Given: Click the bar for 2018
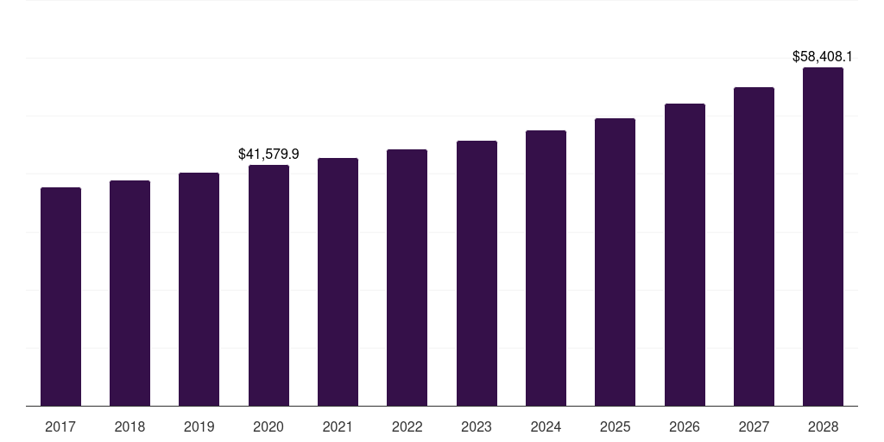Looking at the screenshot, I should pyautogui.click(x=129, y=293).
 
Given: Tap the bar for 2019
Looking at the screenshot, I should pyautogui.click(x=199, y=289).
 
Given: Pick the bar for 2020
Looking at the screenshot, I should pyautogui.click(x=268, y=285).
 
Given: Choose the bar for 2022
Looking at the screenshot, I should pyautogui.click(x=407, y=277).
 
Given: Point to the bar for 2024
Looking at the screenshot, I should pyautogui.click(x=546, y=268).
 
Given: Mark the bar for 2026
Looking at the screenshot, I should pyautogui.click(x=685, y=255).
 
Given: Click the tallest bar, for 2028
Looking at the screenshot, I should pyautogui.click(x=823, y=237).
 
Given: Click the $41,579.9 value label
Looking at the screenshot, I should pyautogui.click(x=268, y=154).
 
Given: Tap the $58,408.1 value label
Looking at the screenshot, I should pyautogui.click(x=823, y=57).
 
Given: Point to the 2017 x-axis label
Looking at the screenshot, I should pyautogui.click(x=60, y=426).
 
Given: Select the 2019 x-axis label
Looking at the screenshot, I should pyautogui.click(x=199, y=426).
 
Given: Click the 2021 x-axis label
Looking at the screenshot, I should pyautogui.click(x=338, y=426).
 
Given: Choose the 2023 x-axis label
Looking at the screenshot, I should pyautogui.click(x=477, y=426).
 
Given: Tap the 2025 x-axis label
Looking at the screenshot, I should pyautogui.click(x=615, y=426).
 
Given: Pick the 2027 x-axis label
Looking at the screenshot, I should pyautogui.click(x=754, y=426).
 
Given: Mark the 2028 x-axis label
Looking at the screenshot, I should pyautogui.click(x=823, y=426).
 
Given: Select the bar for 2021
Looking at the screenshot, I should pyautogui.click(x=338, y=281).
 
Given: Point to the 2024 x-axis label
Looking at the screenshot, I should pyautogui.click(x=546, y=426).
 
